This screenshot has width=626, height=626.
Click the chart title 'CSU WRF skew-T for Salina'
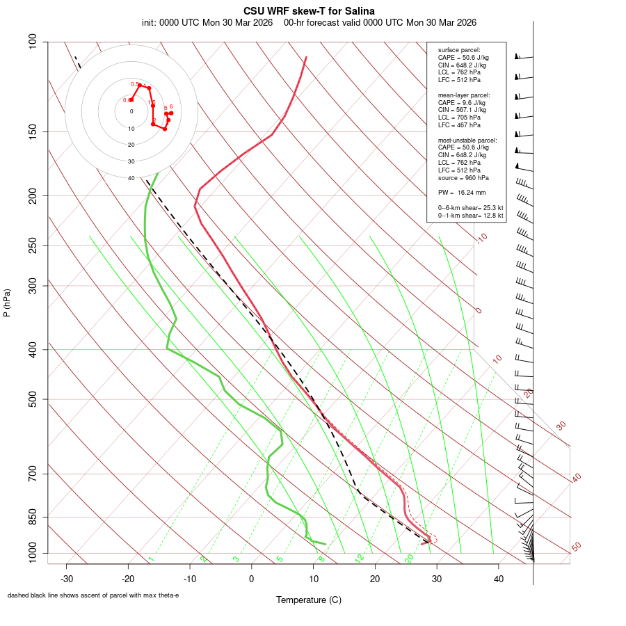pyautogui.click(x=309, y=11)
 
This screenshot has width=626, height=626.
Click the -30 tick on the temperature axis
pyautogui.click(x=67, y=579)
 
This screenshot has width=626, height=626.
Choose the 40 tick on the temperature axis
pyautogui.click(x=498, y=579)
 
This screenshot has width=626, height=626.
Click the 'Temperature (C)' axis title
pyautogui.click(x=309, y=600)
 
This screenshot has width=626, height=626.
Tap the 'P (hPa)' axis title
pyautogui.click(x=7, y=303)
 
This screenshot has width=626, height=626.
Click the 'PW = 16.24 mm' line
pyautogui.click(x=462, y=193)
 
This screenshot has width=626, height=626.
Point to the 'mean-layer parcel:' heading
pyautogui.click(x=464, y=95)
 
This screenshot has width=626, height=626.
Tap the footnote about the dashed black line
pyautogui.click(x=93, y=595)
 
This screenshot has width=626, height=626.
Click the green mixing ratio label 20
pyautogui.click(x=410, y=558)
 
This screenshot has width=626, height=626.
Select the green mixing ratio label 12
pyautogui.click(x=360, y=558)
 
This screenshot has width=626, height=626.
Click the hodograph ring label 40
pyautogui.click(x=131, y=178)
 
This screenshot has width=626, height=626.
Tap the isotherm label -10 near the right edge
pyautogui.click(x=481, y=238)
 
